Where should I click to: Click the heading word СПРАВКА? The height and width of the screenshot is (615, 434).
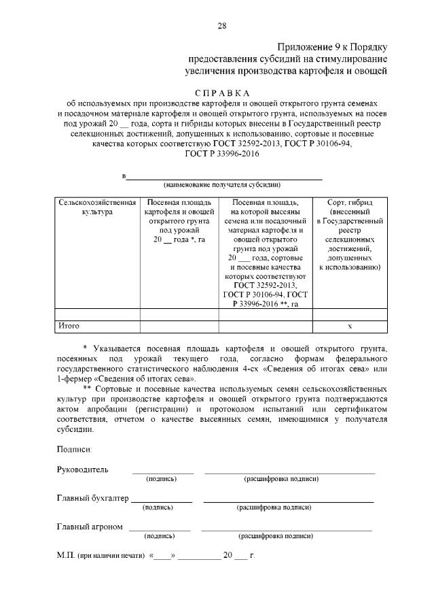tap(221, 93)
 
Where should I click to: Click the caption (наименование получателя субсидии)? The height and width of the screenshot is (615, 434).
tap(221, 184)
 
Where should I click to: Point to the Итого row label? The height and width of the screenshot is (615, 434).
tap(69, 326)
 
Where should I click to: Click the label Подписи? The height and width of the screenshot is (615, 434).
tap(75, 449)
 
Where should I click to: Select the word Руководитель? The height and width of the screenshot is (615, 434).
tap(82, 469)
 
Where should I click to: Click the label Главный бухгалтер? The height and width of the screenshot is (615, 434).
tap(92, 498)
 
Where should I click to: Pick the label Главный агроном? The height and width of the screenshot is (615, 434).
tap(90, 527)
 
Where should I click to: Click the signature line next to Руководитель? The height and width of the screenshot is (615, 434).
tap(162, 472)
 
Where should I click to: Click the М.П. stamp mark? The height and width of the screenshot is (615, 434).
tap(66, 556)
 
